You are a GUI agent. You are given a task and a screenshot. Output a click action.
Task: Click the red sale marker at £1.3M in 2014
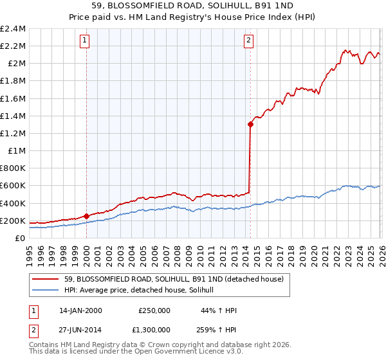click(x=250, y=125)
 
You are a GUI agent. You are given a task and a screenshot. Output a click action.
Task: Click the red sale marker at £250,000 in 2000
click(x=86, y=217)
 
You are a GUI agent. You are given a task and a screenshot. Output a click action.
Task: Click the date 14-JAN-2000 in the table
click(x=80, y=310)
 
